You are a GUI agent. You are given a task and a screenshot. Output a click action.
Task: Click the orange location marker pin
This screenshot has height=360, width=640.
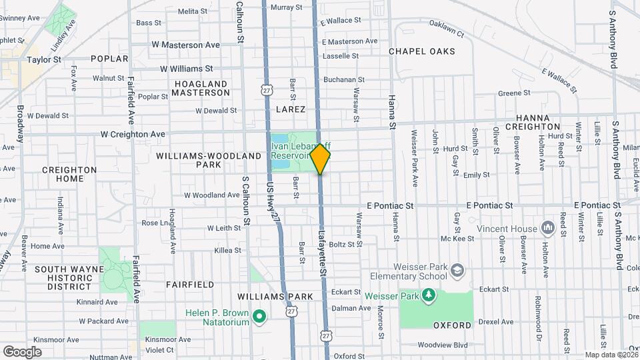pyautogui.click(x=320, y=159)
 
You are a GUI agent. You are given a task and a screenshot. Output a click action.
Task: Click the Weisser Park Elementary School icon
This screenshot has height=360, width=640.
pyautogui.click(x=457, y=270)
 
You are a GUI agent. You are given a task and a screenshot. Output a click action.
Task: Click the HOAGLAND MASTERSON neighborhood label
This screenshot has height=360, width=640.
pyautogui.click(x=200, y=88)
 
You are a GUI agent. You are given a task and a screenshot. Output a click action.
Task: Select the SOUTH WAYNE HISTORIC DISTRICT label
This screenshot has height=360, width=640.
pyautogui.click(x=69, y=278)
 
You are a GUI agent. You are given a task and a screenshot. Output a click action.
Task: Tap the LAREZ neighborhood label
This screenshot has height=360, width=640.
pyautogui.click(x=289, y=109)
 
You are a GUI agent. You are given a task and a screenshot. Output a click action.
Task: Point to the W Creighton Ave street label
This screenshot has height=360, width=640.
pyautogui.click(x=133, y=134)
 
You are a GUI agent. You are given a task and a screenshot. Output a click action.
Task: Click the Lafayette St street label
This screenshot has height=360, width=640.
pyautogui.click(x=322, y=253)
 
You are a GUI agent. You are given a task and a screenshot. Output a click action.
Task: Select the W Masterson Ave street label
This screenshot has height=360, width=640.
pyautogui.click(x=185, y=45)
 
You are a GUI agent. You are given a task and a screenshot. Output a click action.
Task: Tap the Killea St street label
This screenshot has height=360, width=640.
pyautogui.click(x=228, y=250)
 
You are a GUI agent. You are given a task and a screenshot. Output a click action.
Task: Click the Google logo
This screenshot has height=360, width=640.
pyautogui.click(x=22, y=351)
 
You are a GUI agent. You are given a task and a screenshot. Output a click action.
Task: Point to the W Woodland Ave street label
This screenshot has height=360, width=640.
pyautogui.click(x=211, y=195)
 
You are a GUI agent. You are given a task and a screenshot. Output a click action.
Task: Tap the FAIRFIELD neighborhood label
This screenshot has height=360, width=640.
pyautogui.click(x=190, y=284)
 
